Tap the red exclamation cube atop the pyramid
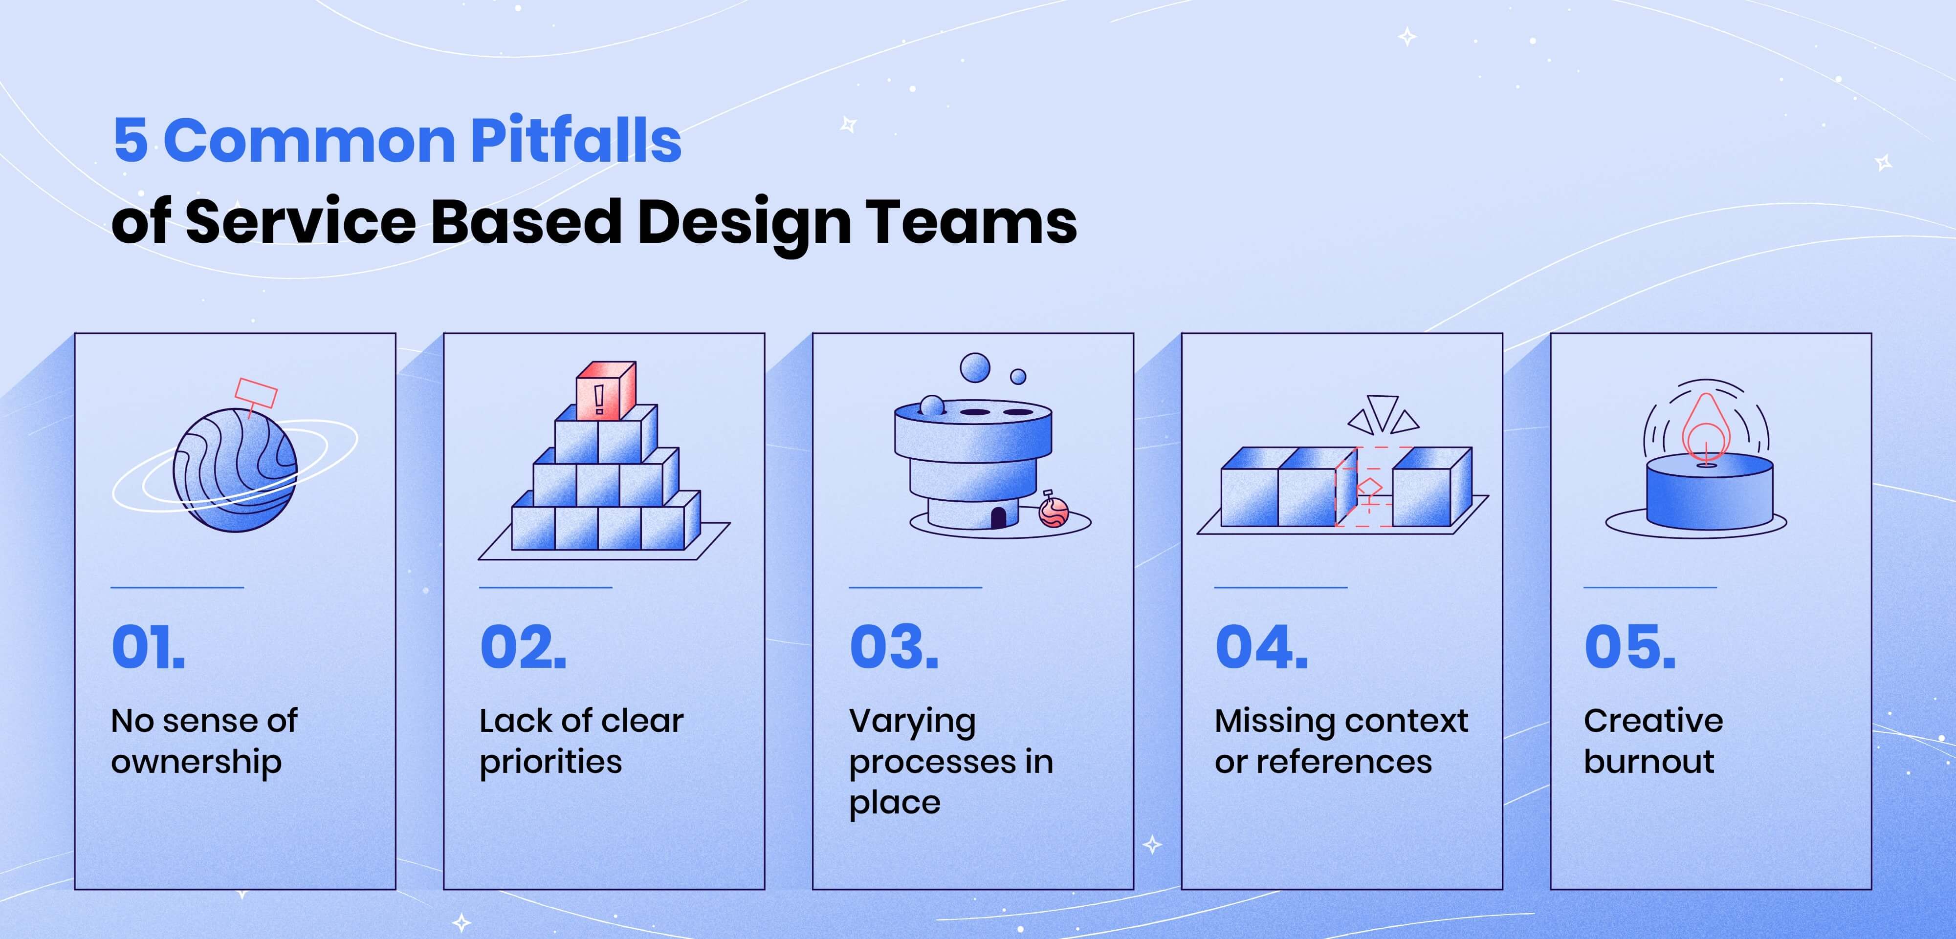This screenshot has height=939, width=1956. click(x=605, y=390)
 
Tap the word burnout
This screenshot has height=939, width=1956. click(x=1648, y=761)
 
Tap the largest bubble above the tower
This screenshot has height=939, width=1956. click(x=975, y=368)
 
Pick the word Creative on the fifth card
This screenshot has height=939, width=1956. click(x=1653, y=721)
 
